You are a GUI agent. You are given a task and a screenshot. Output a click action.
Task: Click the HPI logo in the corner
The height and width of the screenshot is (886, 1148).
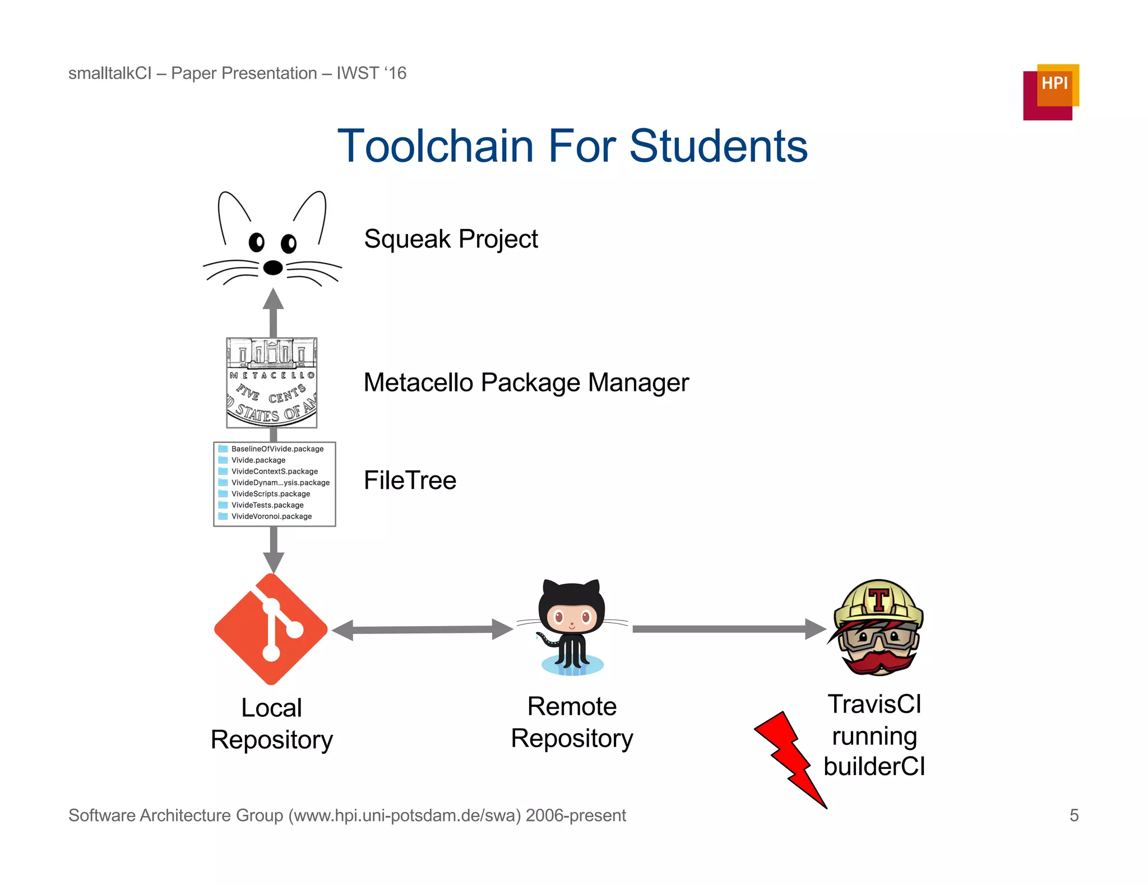point(1050,92)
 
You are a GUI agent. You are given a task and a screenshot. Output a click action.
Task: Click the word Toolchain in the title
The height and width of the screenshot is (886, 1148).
point(435,146)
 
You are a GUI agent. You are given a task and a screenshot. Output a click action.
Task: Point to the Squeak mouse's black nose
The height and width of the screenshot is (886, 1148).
point(273,268)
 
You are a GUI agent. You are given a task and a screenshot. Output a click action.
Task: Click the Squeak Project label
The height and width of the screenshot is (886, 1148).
point(451,239)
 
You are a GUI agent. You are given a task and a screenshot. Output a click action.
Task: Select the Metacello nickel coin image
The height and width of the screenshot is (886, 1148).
point(272,383)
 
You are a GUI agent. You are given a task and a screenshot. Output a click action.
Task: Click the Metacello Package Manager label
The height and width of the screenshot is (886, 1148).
point(526,383)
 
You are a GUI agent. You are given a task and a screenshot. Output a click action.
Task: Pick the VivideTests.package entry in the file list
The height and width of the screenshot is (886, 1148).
point(267,505)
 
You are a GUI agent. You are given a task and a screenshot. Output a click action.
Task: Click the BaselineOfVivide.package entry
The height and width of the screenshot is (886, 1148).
point(277,449)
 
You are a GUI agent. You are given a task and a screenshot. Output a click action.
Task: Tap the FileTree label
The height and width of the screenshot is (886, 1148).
point(410,481)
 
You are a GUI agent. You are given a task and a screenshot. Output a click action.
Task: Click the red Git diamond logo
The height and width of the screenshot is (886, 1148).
point(271,629)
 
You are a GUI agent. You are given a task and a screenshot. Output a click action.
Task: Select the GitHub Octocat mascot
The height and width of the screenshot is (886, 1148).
point(572,627)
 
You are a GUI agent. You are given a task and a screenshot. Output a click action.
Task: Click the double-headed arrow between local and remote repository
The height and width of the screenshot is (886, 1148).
point(422,629)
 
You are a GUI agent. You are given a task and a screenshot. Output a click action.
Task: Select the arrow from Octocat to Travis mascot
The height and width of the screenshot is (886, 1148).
point(729,629)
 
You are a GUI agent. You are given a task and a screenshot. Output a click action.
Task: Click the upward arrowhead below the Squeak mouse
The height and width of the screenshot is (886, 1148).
point(273,300)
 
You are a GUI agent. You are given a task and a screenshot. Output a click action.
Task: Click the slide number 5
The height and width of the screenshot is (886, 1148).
point(1073,815)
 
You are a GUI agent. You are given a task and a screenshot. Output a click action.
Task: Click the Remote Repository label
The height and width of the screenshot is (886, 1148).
point(572,722)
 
